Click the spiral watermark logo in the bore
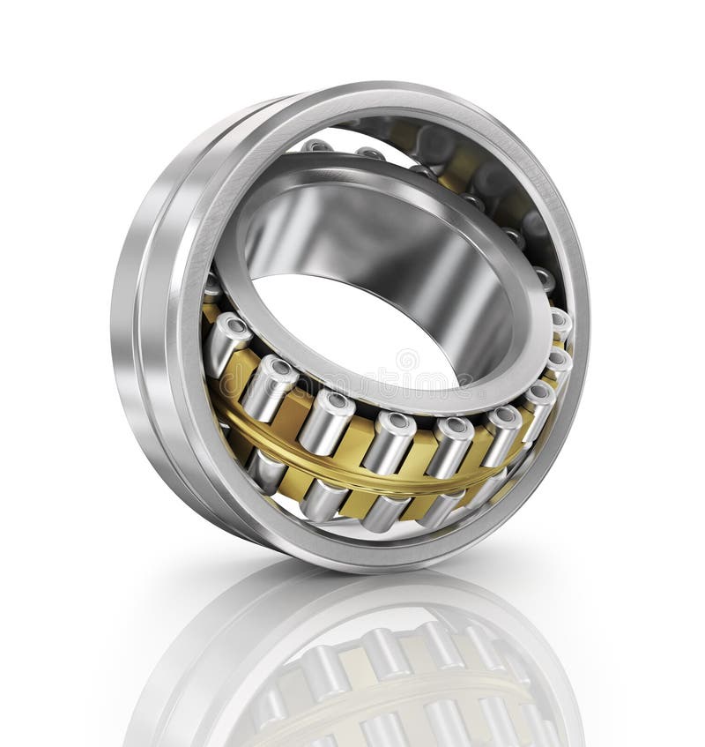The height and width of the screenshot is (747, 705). click(x=407, y=360)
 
